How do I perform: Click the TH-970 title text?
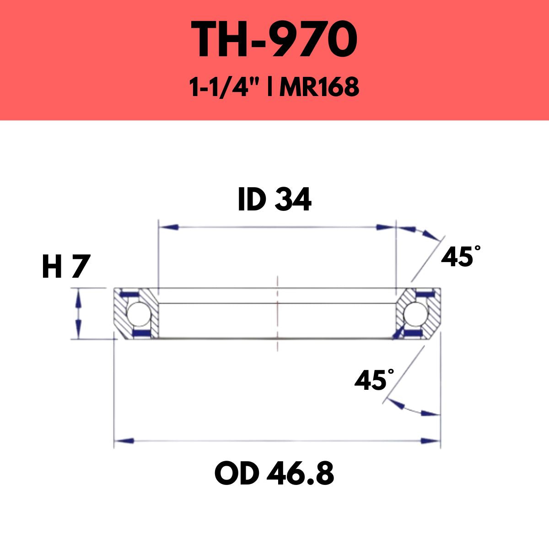coord(274,40)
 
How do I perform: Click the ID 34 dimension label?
coord(274,200)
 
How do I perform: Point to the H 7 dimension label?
coord(64,267)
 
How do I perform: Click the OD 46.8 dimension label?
coord(274,474)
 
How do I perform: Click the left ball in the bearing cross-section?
coord(136,314)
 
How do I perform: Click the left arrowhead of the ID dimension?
coord(167,227)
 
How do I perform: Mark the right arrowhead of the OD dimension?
coord(430,441)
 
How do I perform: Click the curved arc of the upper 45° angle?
coord(423,232)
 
